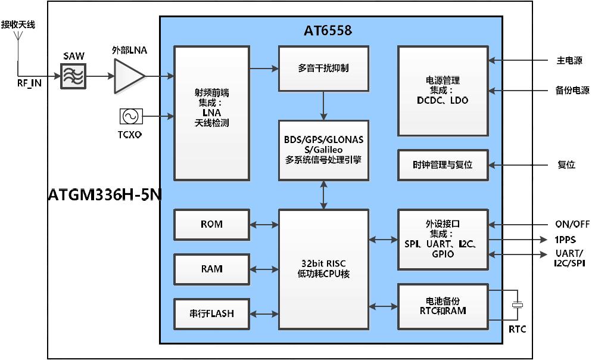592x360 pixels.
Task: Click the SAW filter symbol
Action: click(x=73, y=77)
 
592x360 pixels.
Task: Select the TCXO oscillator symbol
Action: click(x=129, y=116)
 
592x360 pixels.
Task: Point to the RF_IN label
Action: click(x=29, y=83)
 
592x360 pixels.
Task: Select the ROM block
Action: click(x=211, y=224)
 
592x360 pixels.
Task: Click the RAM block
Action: click(x=211, y=269)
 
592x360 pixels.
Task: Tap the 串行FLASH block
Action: click(x=211, y=314)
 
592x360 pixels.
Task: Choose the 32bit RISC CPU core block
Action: click(x=323, y=269)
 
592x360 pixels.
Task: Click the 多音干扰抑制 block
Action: click(x=323, y=68)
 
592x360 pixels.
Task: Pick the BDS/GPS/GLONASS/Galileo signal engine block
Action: click(x=323, y=150)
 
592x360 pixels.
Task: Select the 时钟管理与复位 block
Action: click(x=443, y=165)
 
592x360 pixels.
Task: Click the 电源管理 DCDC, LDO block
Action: click(x=443, y=91)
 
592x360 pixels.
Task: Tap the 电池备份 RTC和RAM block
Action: click(x=443, y=306)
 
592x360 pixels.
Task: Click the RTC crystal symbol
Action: click(x=518, y=305)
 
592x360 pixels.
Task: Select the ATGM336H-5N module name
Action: click(x=105, y=195)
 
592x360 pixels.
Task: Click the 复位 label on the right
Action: click(x=566, y=165)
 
